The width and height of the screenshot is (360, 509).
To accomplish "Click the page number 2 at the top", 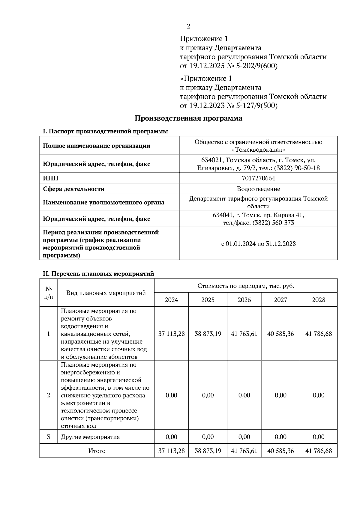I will (188, 26).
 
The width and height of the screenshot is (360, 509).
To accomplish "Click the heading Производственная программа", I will (188, 118).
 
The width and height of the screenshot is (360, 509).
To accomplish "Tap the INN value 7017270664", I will (258, 178).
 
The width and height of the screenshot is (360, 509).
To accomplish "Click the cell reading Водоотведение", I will (258, 189).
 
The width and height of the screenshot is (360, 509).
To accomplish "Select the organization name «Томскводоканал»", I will (258, 149).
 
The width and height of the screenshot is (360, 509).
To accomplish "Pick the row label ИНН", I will (51, 178).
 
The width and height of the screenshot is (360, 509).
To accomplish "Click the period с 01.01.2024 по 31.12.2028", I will (258, 243).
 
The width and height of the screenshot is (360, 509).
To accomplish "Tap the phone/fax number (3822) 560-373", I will (273, 223).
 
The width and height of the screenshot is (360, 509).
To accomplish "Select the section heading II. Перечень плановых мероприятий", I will (98, 274).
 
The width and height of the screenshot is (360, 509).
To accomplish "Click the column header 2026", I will (244, 300).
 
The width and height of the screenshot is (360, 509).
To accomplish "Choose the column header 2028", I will (318, 300).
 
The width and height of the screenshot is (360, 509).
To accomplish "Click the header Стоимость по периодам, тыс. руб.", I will (246, 286).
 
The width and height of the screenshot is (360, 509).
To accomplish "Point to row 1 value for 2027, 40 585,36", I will (280, 334).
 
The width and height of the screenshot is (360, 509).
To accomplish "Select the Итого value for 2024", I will (171, 451).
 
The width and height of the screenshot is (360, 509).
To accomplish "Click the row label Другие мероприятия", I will (90, 437).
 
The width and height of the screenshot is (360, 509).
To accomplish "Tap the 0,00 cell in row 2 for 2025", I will (208, 395).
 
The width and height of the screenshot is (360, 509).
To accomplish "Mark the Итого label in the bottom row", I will (97, 451).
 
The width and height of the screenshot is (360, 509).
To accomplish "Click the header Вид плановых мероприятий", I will (106, 293).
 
